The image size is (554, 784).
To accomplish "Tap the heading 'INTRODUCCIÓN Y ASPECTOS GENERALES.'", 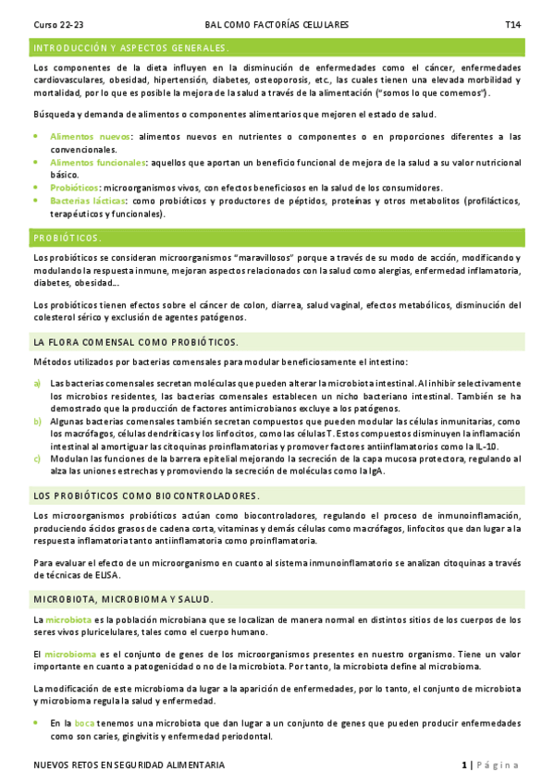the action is pos(130,47).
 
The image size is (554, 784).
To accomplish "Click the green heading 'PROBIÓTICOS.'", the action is pos(68,238).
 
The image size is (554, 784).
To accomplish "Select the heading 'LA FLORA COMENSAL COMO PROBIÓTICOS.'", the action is pos(135,342).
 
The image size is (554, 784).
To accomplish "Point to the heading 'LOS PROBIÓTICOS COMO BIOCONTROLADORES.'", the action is pos(146,496).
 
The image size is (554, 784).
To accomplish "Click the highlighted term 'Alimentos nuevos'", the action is pos(90,136).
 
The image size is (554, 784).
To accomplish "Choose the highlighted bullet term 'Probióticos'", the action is pos(75,187).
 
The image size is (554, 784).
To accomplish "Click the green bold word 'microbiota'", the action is pos(68,619).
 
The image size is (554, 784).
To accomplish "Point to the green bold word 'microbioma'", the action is pos(70,654).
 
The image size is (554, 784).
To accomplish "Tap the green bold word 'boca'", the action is pos(84,723).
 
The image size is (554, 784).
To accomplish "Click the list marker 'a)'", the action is pos(37,383).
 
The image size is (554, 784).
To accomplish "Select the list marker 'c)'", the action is pos(37,458).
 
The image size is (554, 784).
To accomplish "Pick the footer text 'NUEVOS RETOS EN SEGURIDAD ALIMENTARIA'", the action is pos(128,766).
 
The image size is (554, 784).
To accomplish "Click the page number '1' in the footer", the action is pos(464,766).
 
